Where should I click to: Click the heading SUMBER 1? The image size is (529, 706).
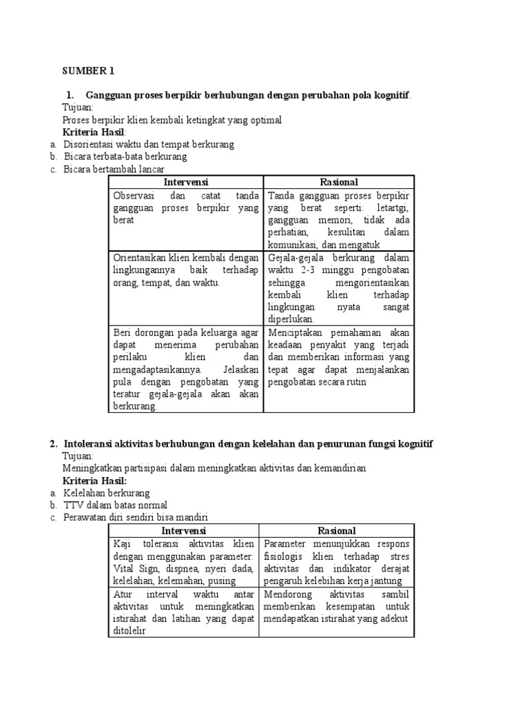(88, 71)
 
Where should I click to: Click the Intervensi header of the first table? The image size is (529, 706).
(186, 182)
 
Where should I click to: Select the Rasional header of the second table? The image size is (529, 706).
(337, 531)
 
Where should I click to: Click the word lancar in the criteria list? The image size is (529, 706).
(152, 169)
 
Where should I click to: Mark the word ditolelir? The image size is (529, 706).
(132, 631)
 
